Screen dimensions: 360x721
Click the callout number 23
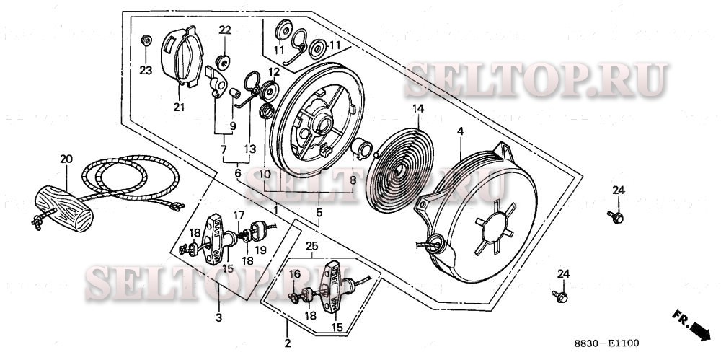click(x=146, y=70)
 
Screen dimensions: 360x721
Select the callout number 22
click(x=225, y=30)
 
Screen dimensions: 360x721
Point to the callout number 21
click(x=179, y=107)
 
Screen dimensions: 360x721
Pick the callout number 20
click(x=66, y=159)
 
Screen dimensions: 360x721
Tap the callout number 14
click(x=417, y=109)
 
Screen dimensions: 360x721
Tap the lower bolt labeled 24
click(x=560, y=295)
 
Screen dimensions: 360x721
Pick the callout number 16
click(x=294, y=274)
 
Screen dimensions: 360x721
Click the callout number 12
click(x=274, y=72)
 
